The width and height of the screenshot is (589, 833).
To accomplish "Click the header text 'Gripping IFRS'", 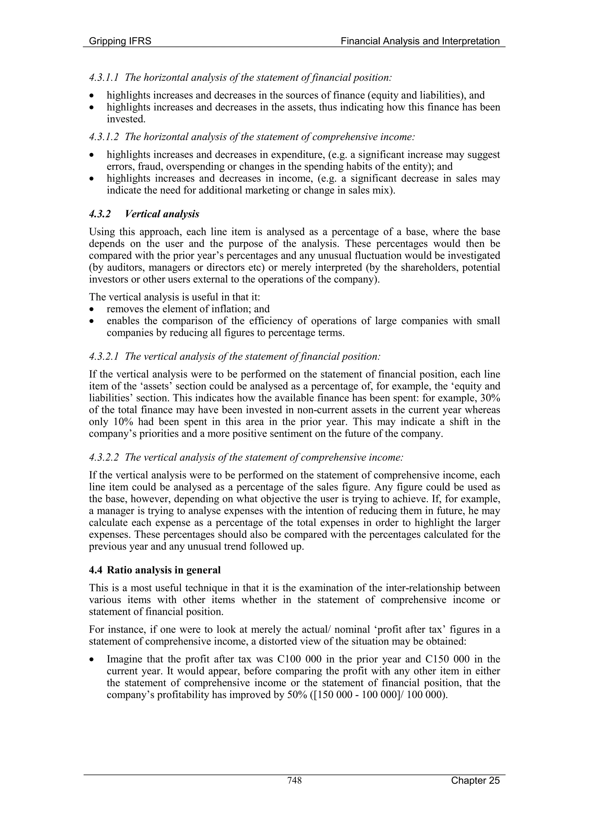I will tap(120, 41).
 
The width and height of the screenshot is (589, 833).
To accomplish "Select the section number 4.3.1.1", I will tap(104, 78).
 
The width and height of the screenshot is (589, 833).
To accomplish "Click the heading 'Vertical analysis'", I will tap(162, 214).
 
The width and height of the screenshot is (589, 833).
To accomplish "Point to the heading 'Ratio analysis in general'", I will tap(163, 570).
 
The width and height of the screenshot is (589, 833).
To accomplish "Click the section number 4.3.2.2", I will tap(104, 457).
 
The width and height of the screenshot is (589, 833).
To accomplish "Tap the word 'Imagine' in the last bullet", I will tap(124, 659).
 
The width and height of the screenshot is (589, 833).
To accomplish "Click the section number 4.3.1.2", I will tap(104, 137).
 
